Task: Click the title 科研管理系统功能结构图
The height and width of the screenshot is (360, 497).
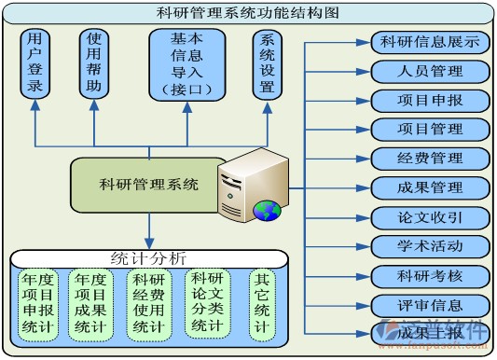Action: pyautogui.click(x=247, y=13)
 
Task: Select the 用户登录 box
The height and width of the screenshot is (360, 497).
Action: pyautogui.click(x=35, y=62)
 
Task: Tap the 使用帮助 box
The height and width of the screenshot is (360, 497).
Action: pyautogui.click(x=93, y=62)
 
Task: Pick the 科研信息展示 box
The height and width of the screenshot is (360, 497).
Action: pyautogui.click(x=430, y=43)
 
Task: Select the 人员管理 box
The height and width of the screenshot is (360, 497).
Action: pyautogui.click(x=430, y=71)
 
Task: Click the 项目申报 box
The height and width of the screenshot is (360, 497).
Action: pyautogui.click(x=430, y=100)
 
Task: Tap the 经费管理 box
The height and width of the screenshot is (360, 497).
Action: pyautogui.click(x=430, y=159)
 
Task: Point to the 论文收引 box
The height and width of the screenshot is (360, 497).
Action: pyautogui.click(x=430, y=217)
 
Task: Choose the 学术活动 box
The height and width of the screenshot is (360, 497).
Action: pyautogui.click(x=430, y=246)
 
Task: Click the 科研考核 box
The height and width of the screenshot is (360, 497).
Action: pyautogui.click(x=430, y=276)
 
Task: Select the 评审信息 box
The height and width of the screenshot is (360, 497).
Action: pyautogui.click(x=430, y=305)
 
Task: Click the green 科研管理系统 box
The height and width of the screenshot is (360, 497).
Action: pyautogui.click(x=149, y=184)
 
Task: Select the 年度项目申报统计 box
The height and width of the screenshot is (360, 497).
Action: pyautogui.click(x=39, y=303)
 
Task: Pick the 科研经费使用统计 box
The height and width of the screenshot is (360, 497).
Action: pyautogui.click(x=149, y=303)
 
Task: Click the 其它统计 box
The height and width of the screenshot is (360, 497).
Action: pyautogui.click(x=262, y=303)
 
